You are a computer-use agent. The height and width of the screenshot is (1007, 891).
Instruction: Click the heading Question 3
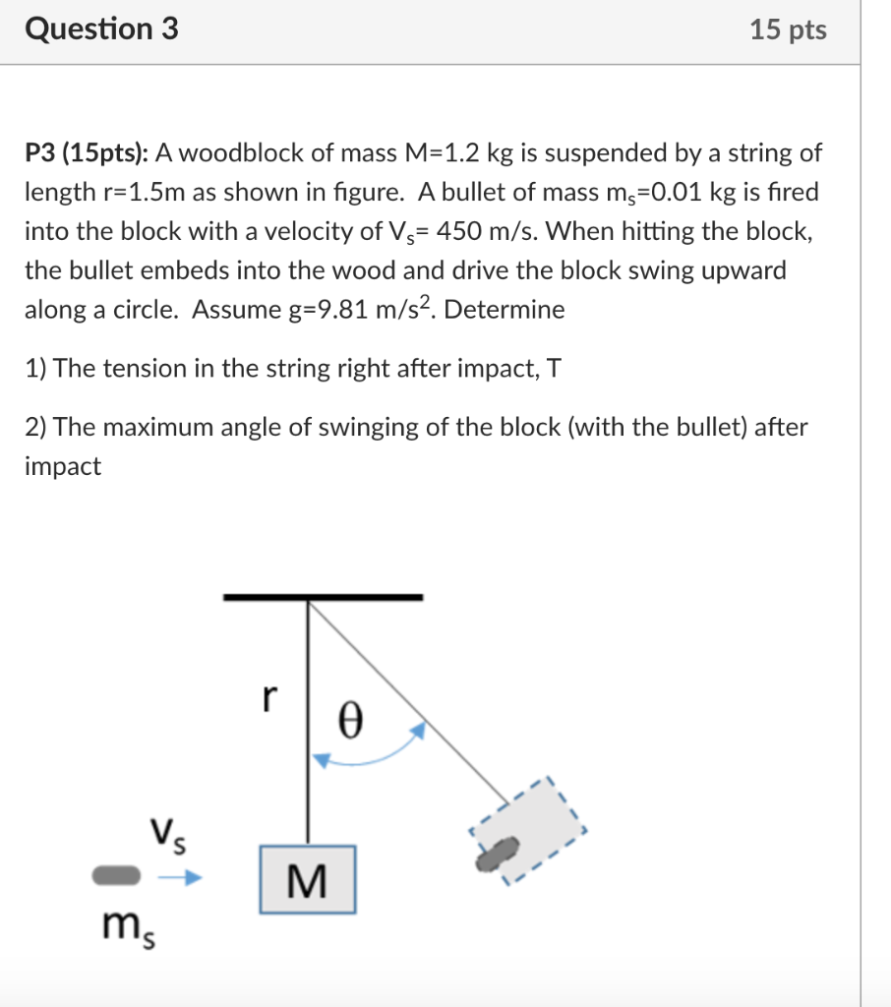(102, 30)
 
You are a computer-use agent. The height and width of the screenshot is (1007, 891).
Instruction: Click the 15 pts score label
(788, 30)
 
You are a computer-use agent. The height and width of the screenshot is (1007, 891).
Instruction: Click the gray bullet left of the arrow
(117, 874)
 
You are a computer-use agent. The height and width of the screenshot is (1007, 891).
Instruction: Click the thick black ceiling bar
(323, 597)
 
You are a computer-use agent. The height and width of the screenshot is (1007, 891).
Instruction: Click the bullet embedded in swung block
(499, 853)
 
